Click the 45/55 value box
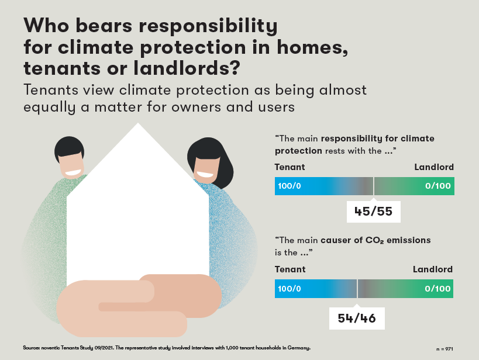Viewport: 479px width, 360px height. click(x=373, y=212)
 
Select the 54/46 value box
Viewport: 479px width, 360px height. click(x=357, y=319)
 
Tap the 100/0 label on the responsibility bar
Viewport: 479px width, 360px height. click(x=290, y=186)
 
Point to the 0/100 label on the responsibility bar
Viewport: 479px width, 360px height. click(x=437, y=186)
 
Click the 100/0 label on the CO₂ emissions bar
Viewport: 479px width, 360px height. click(x=290, y=289)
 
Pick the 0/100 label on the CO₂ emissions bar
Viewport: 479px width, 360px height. click(x=437, y=289)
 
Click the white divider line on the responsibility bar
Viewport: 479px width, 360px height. click(x=373, y=186)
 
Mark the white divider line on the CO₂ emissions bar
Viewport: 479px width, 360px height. click(x=357, y=289)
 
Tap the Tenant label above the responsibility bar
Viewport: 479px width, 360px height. click(x=290, y=167)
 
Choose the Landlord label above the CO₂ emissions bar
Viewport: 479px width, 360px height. click(x=433, y=269)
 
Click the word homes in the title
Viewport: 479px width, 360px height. click(x=312, y=47)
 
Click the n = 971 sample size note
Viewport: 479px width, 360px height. click(x=444, y=349)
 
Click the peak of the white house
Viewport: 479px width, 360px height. click(x=138, y=123)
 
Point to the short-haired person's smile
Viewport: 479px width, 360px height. click(x=73, y=172)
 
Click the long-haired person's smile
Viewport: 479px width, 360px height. click(x=205, y=175)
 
